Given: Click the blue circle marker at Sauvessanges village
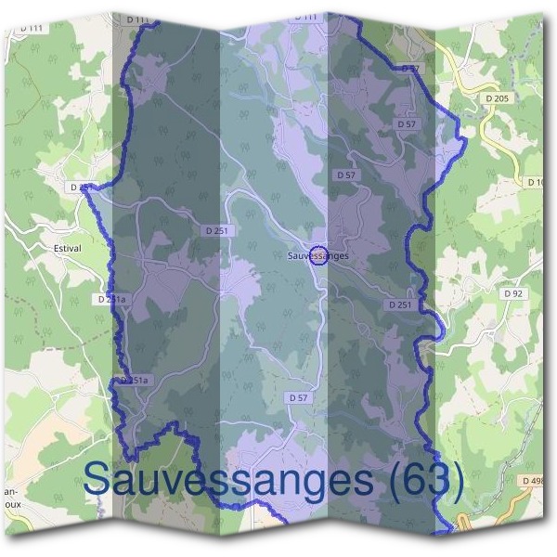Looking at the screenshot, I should [318, 254].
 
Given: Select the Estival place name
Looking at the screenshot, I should [67, 248].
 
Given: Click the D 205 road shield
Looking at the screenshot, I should [498, 98].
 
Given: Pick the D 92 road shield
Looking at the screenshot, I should [512, 293].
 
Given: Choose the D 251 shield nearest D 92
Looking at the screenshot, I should [399, 304].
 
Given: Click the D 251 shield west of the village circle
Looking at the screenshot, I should [215, 229].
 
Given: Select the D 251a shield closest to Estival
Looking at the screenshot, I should [110, 300].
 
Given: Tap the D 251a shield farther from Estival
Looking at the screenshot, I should [135, 381].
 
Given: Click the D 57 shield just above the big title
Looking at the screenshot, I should [298, 397].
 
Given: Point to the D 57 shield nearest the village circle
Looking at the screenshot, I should [346, 175].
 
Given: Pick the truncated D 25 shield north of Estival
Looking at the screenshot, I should [80, 188].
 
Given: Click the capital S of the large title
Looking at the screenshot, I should [97, 479].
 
